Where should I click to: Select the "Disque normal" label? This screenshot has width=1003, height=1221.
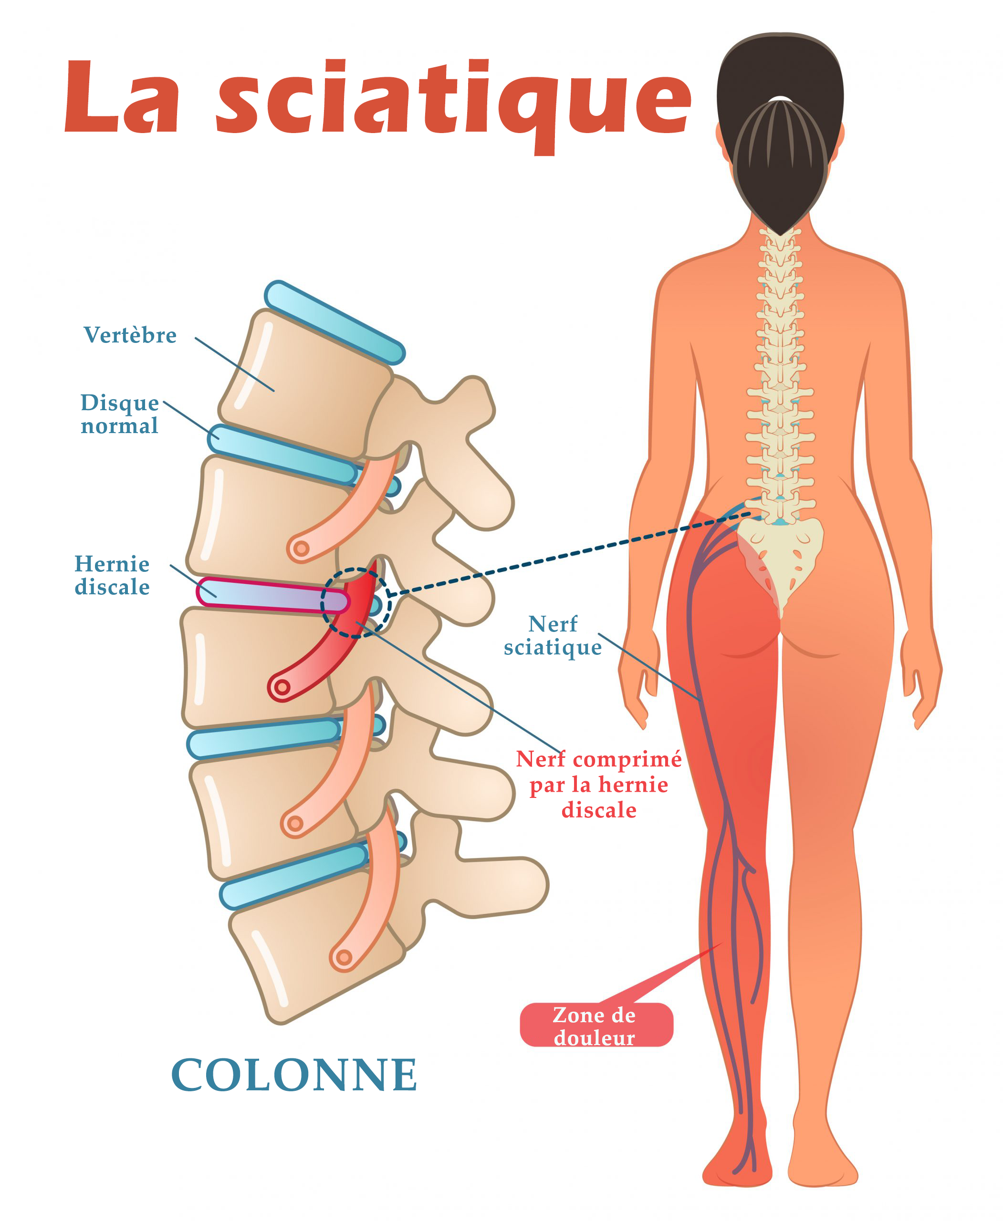point(120,414)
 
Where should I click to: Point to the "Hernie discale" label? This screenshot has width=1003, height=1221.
point(112,575)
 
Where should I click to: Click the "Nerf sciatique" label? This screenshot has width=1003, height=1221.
point(553,636)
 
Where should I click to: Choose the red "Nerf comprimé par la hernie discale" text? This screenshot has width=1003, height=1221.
point(599,785)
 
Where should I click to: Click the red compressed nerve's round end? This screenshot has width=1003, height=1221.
point(282,687)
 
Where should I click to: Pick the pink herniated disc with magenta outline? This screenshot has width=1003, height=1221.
point(272,595)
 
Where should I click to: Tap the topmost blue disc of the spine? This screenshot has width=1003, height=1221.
point(335,322)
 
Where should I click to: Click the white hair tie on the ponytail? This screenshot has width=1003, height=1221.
point(781,99)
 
